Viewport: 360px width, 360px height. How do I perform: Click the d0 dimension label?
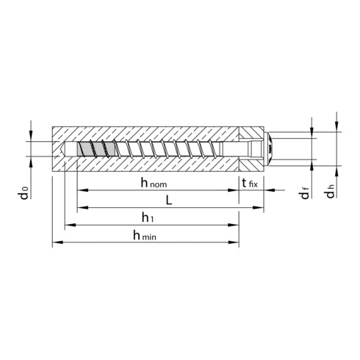pos(25,193)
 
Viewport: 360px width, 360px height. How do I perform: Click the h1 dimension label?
pos(150,217)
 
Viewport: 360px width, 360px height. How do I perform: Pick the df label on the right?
pos(304,194)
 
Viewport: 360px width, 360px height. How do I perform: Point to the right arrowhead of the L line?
pos(260,208)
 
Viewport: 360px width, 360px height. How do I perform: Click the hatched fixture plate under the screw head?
pos(251,163)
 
